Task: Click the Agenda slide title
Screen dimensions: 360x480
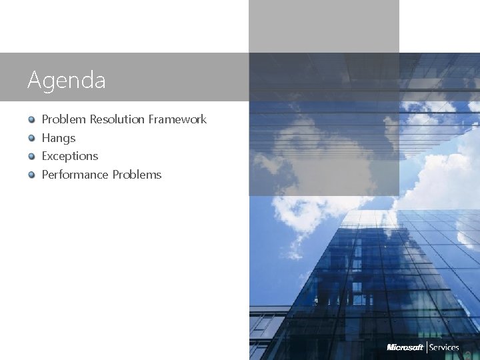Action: tap(67, 81)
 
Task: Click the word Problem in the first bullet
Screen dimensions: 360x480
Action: tap(64, 119)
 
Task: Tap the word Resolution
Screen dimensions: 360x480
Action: tap(117, 119)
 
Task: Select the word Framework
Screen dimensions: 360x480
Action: tap(177, 119)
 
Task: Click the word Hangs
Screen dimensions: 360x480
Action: tap(59, 138)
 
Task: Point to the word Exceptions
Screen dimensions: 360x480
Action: tap(69, 156)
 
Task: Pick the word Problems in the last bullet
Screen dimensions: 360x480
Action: tap(137, 175)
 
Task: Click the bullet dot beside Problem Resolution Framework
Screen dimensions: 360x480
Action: tap(31, 120)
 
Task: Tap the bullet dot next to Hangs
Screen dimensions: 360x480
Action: tap(31, 138)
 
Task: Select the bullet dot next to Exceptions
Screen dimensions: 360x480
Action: tap(31, 157)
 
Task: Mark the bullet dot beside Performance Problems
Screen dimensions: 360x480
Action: tap(31, 175)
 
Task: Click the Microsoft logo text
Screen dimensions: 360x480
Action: tap(405, 347)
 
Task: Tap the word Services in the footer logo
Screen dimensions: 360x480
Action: tap(444, 347)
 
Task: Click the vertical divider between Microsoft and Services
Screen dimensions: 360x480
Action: tap(427, 347)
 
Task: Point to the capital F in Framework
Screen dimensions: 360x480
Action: tap(151, 119)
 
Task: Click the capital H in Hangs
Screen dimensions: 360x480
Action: tap(46, 138)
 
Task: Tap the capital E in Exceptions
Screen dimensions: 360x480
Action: tap(45, 156)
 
